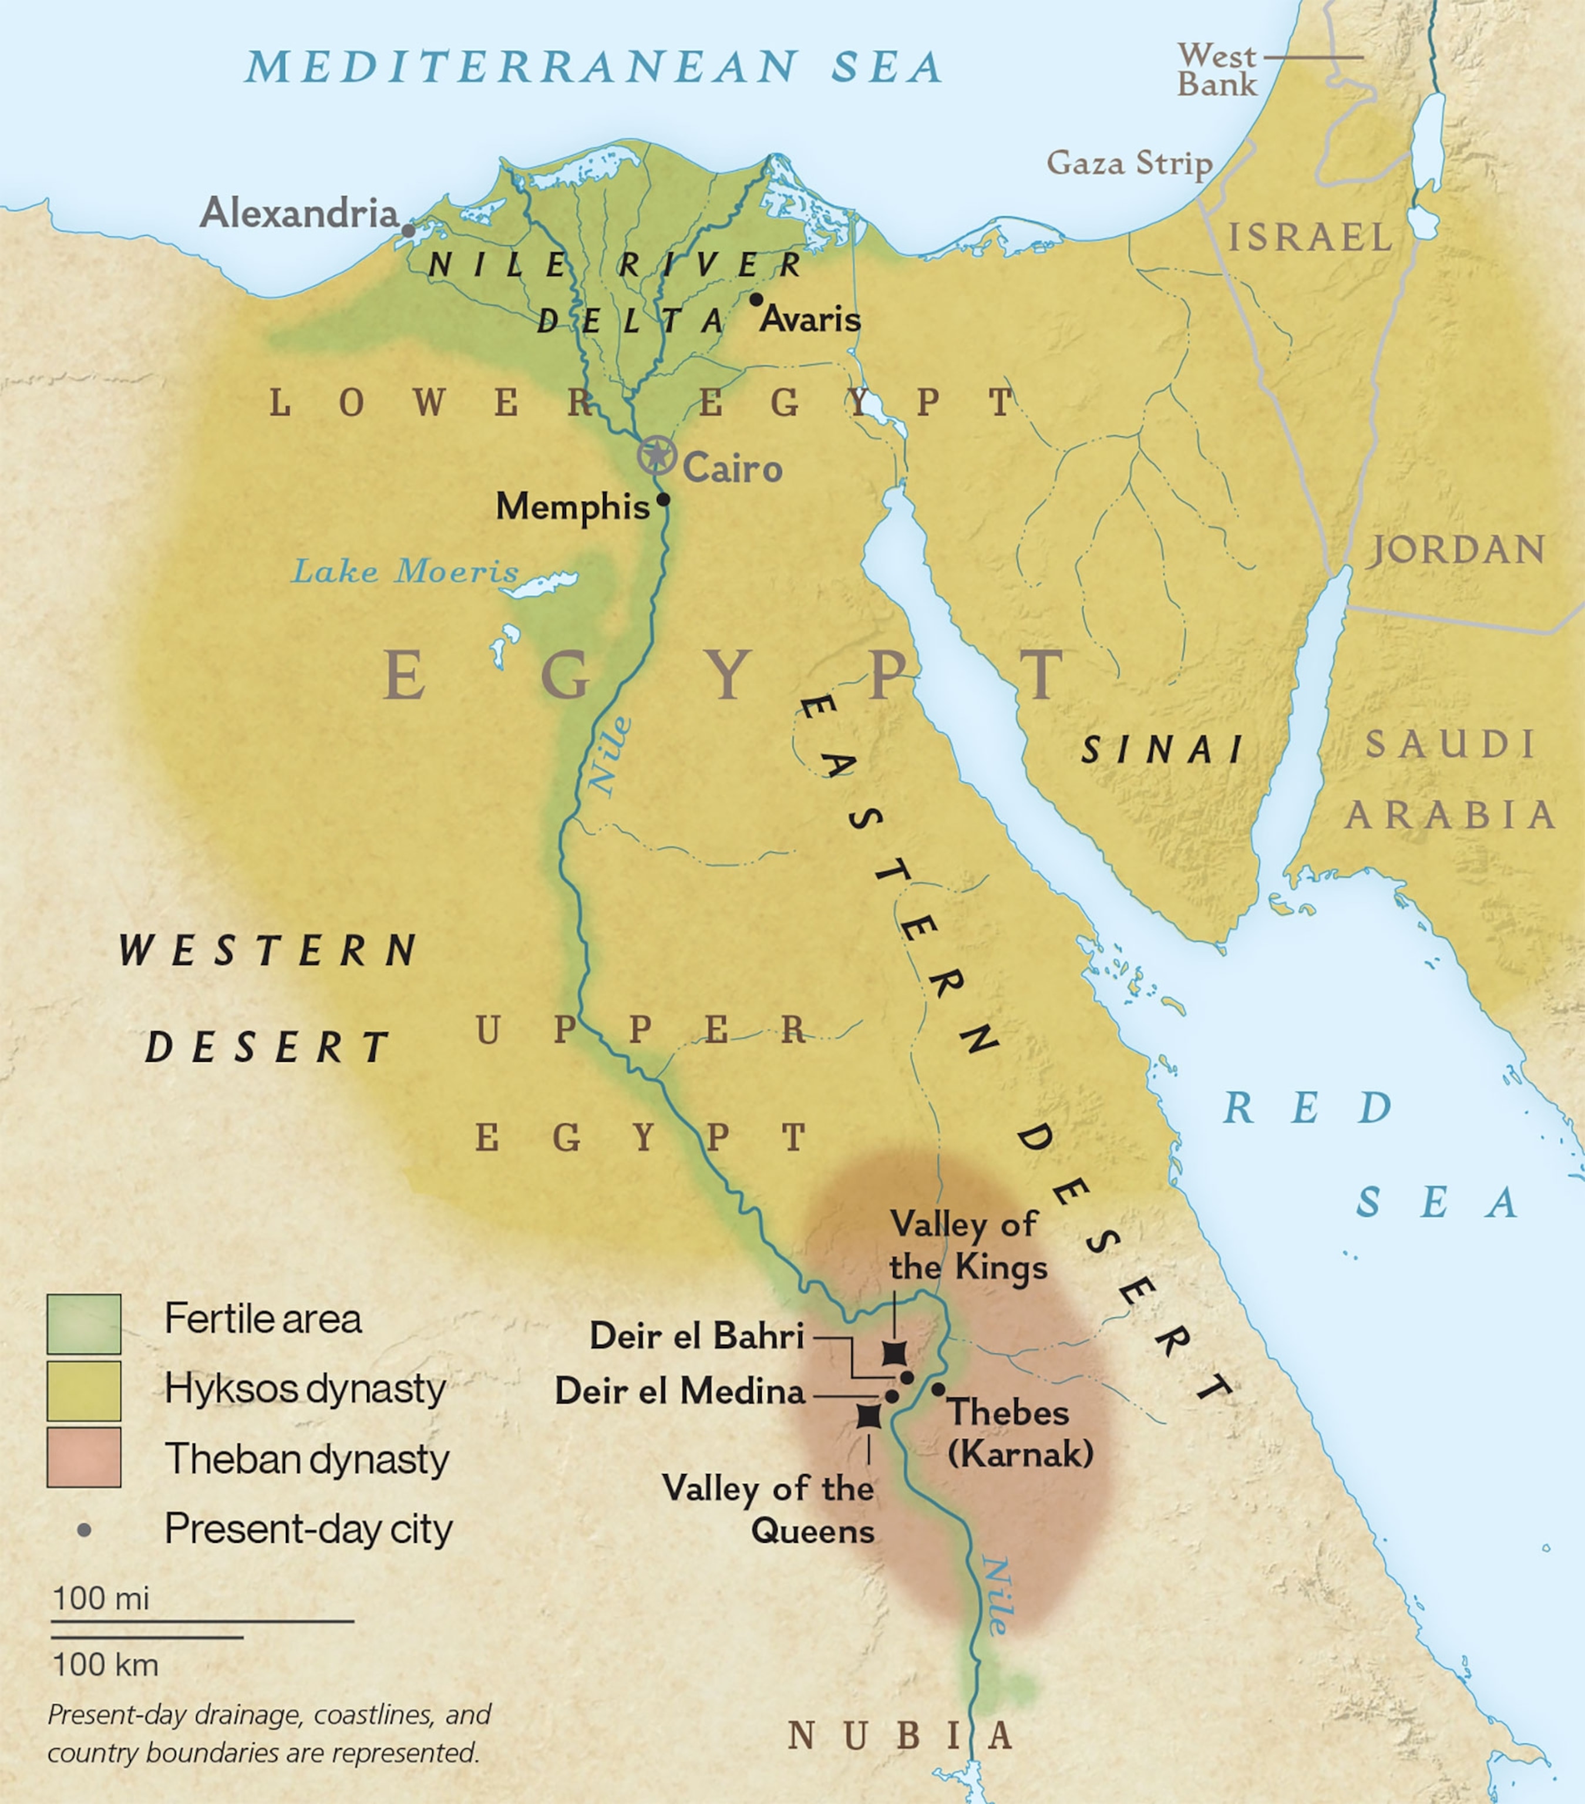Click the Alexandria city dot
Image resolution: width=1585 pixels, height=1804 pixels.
(x=408, y=230)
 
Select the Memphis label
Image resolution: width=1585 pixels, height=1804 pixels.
(x=572, y=507)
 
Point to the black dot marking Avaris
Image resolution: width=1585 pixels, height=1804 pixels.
(x=755, y=299)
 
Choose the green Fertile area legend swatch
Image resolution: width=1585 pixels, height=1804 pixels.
(x=84, y=1324)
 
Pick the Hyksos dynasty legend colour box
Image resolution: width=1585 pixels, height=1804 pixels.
(x=84, y=1391)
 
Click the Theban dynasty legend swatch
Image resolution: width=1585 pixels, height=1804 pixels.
(x=84, y=1458)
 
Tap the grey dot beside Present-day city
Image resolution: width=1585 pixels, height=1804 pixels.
(x=84, y=1530)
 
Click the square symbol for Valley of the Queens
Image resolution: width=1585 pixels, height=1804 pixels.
(x=869, y=1416)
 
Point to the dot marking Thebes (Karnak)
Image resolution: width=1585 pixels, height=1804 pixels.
(x=938, y=1389)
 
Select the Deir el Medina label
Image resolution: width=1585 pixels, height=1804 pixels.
(x=679, y=1392)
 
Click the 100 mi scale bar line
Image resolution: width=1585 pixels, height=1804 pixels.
(x=203, y=1621)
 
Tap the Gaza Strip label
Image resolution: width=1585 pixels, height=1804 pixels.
(x=1129, y=163)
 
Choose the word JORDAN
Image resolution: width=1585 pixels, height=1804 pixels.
(x=1457, y=550)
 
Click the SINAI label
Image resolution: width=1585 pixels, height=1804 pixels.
(x=1162, y=750)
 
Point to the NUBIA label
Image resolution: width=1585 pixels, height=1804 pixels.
(x=900, y=1736)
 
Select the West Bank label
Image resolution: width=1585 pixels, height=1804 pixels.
(x=1217, y=70)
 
